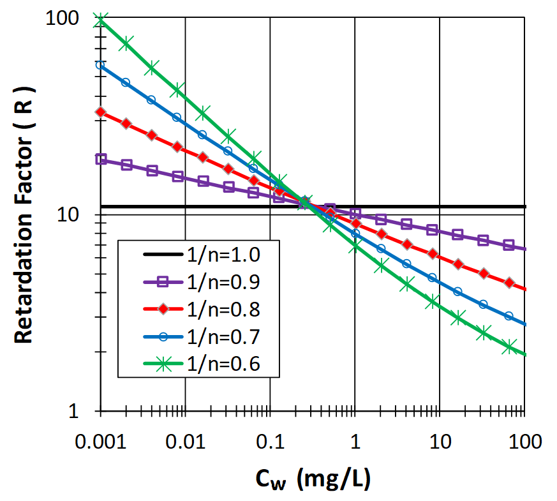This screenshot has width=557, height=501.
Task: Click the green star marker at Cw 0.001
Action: click(x=101, y=21)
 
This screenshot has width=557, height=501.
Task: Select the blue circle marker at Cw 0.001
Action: click(x=101, y=64)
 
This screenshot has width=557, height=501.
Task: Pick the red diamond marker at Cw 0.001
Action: click(x=101, y=112)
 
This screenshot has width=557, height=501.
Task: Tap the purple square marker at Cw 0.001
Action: click(x=101, y=159)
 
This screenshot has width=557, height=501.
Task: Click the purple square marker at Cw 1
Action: click(x=355, y=213)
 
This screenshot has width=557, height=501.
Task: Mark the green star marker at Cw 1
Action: click(x=355, y=246)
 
